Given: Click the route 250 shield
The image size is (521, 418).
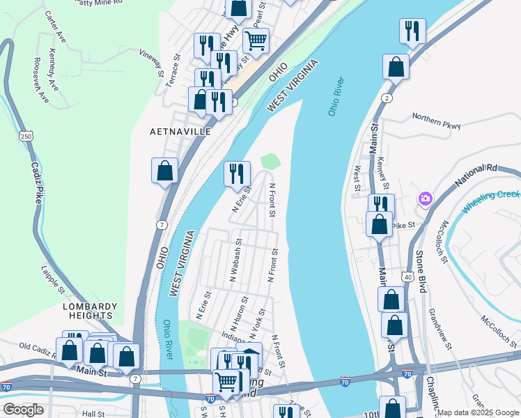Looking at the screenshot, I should pyautogui.click(x=26, y=136).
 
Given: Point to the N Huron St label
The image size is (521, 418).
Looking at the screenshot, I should pyautogui.click(x=242, y=313).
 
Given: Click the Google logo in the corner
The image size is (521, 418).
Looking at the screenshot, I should pyautogui.click(x=23, y=410).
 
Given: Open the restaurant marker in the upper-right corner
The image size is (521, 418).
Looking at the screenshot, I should pyautogui.click(x=412, y=31).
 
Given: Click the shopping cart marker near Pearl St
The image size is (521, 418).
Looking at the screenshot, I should pyautogui.click(x=256, y=41).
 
